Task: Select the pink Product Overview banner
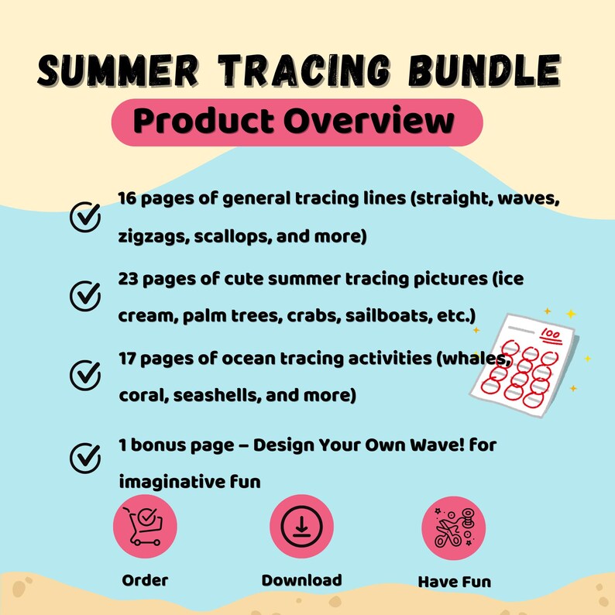[297, 122]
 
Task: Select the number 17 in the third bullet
[129, 359]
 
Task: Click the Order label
[145, 579]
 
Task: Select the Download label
[301, 579]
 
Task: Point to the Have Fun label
[454, 581]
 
